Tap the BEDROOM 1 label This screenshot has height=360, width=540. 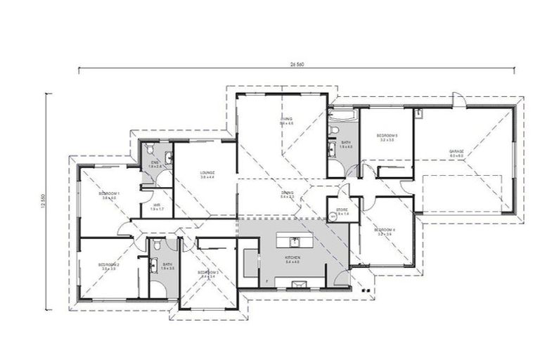point(109,195)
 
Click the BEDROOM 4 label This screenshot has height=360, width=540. point(386,231)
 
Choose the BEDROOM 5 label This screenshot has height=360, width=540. point(387,137)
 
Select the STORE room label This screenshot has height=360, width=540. point(342,210)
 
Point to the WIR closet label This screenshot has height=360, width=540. point(157,207)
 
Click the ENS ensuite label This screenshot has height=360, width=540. point(155,164)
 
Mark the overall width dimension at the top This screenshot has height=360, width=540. point(296,64)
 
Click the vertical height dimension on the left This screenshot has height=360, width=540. point(44,200)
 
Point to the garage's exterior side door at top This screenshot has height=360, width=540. point(457,100)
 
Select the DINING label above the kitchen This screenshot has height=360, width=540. point(287,193)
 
